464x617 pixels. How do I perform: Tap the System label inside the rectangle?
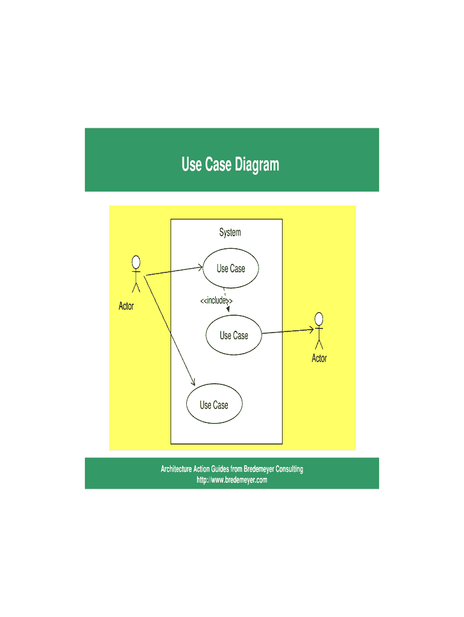tap(230, 232)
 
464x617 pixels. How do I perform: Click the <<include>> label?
tap(216, 301)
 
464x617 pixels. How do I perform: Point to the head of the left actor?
tap(136, 262)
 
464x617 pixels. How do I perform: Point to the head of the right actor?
tap(319, 319)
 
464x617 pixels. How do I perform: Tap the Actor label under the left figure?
tap(127, 305)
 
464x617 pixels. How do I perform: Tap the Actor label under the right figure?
tap(319, 358)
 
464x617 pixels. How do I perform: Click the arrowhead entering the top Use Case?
tap(200, 268)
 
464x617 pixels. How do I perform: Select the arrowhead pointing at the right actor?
tap(311, 330)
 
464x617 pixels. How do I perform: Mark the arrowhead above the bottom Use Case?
tap(193, 382)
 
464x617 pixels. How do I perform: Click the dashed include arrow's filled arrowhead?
tap(228, 309)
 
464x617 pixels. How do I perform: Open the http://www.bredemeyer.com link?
tap(232, 480)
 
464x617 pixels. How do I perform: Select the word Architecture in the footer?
tap(176, 469)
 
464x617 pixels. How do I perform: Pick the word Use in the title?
tap(192, 164)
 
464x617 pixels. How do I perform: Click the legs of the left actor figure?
tap(136, 287)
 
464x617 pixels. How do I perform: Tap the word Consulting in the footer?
tap(289, 469)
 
